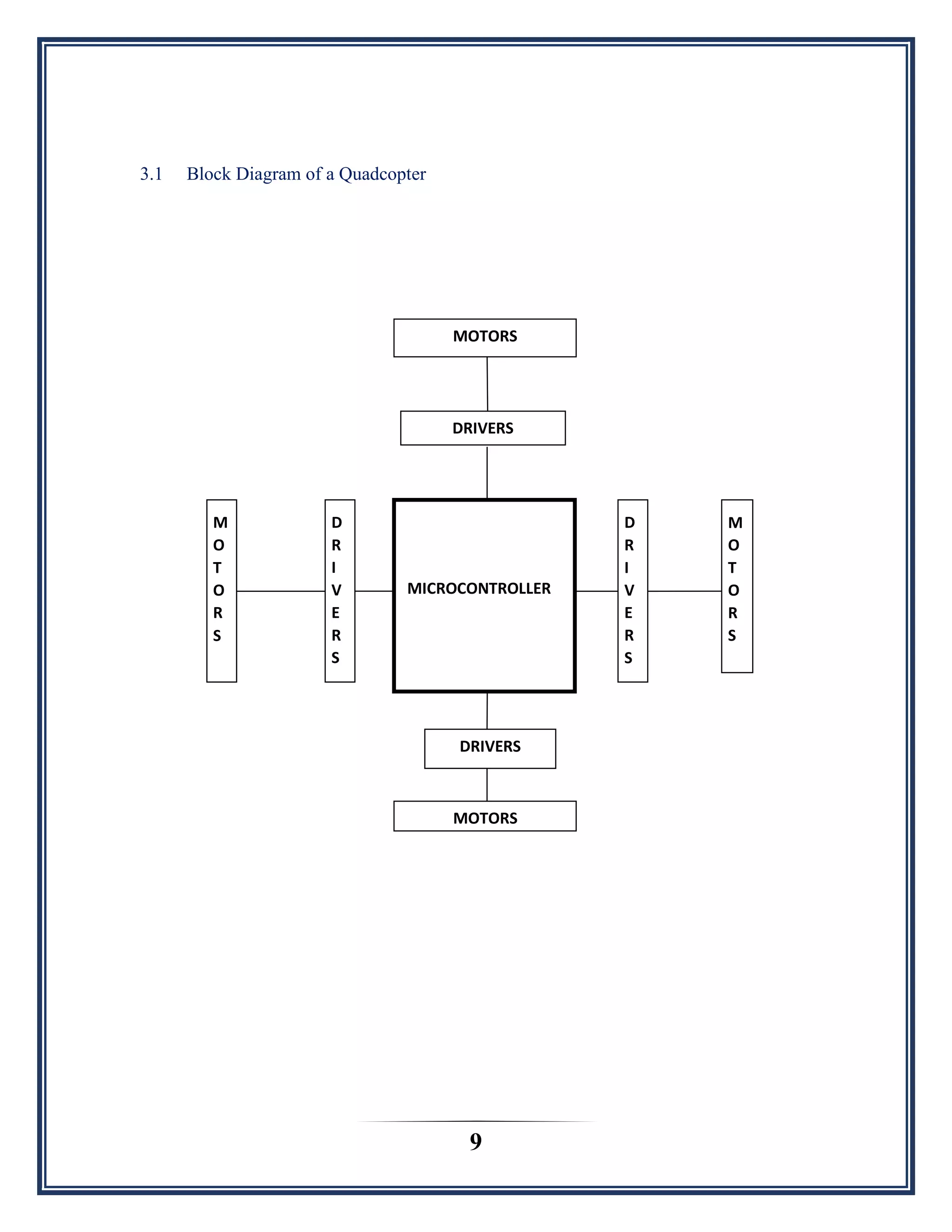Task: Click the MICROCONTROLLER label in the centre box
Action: pyautogui.click(x=479, y=589)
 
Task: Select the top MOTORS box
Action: pyautogui.click(x=484, y=338)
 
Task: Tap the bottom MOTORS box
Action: pyautogui.click(x=484, y=816)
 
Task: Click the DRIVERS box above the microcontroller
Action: pyautogui.click(x=483, y=428)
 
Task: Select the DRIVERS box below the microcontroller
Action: pyautogui.click(x=489, y=748)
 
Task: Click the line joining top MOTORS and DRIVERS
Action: pyautogui.click(x=487, y=384)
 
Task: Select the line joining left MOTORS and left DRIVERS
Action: pyautogui.click(x=280, y=591)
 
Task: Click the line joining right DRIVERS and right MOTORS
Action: pyautogui.click(x=684, y=591)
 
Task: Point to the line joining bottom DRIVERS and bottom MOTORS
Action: pyautogui.click(x=487, y=784)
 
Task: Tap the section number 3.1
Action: pyautogui.click(x=151, y=174)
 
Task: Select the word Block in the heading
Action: pyautogui.click(x=209, y=174)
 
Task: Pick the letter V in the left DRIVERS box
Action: pyautogui.click(x=336, y=590)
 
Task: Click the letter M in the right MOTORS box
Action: pyautogui.click(x=735, y=523)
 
